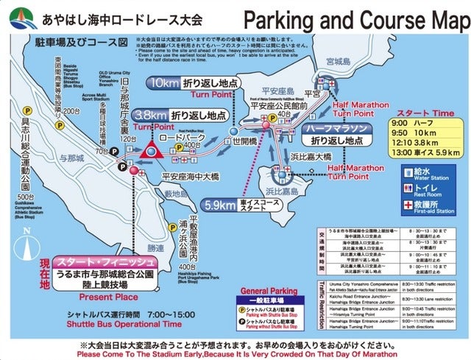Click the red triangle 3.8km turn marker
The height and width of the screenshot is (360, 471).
click(x=154, y=152)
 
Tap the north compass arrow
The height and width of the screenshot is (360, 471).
click(x=27, y=244)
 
